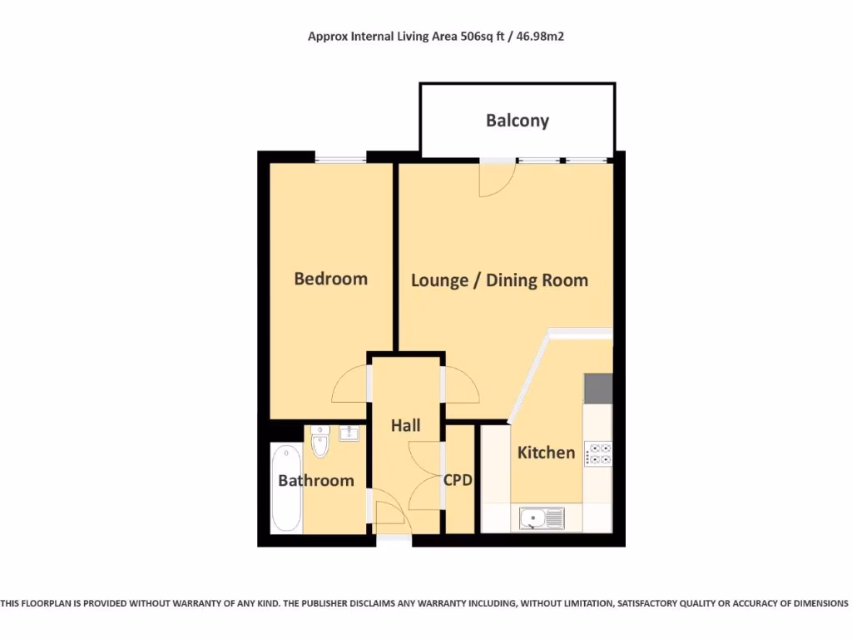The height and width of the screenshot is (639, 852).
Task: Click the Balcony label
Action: point(518,121)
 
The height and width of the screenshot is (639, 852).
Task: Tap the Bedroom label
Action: point(330,278)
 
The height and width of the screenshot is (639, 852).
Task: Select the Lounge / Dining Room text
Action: point(499,280)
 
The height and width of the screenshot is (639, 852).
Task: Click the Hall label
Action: point(406,425)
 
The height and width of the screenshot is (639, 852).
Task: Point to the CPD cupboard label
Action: point(458,480)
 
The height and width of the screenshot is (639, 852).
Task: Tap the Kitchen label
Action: point(546,453)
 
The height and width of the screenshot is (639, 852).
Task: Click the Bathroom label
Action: point(315,480)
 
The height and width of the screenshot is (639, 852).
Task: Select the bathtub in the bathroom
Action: point(286,488)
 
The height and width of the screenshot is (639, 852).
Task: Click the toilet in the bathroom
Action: point(319,442)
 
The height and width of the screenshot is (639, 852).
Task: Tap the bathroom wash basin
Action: point(348,433)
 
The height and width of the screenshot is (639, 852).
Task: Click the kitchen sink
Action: point(542,518)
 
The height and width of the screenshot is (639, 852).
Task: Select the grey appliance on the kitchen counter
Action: point(598,388)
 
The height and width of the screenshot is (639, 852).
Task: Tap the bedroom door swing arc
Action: point(349,384)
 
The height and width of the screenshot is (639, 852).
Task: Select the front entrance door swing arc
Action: point(389,513)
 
